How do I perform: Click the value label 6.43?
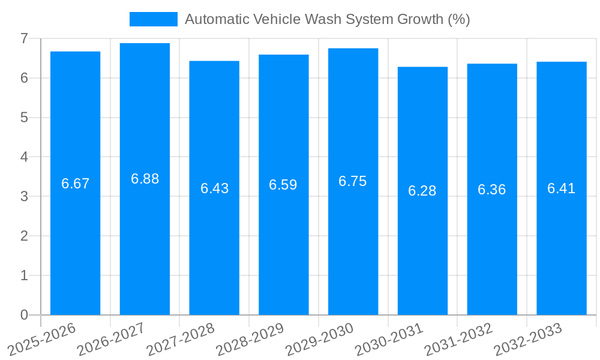tap(214, 188)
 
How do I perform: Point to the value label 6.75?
tap(353, 181)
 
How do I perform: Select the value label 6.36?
tap(492, 190)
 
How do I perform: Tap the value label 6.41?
tap(562, 188)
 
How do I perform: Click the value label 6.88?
tap(145, 179)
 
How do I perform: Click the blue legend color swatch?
tap(154, 19)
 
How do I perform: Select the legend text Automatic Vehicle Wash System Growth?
tap(327, 19)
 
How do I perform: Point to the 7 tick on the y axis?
tap(24, 38)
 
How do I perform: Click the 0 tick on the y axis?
tap(24, 315)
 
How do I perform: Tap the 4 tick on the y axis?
tap(24, 157)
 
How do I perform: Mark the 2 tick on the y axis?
tap(24, 236)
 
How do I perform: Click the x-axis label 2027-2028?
tap(181, 339)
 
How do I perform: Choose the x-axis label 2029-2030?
tap(319, 339)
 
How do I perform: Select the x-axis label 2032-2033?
tap(527, 339)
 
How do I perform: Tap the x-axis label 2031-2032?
tap(458, 339)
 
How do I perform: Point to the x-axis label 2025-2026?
tap(41, 339)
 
